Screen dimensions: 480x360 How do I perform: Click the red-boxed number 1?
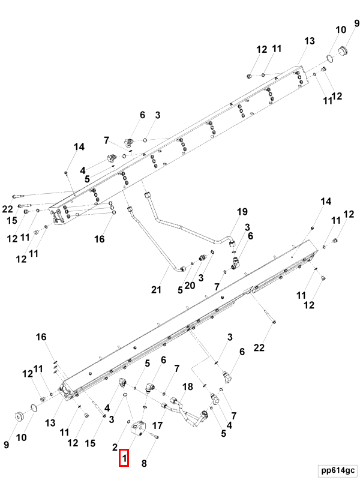point(124,459)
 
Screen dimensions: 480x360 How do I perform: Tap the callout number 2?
point(115,447)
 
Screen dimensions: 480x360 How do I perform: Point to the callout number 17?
point(158,425)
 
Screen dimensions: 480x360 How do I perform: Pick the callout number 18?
point(187,388)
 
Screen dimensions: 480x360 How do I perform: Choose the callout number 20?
point(190,285)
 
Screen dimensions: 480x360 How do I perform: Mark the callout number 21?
point(157,290)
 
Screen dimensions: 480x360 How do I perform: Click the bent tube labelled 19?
point(180,227)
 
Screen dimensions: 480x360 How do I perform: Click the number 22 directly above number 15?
point(7,208)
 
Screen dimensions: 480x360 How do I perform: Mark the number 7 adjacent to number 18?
point(177,368)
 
